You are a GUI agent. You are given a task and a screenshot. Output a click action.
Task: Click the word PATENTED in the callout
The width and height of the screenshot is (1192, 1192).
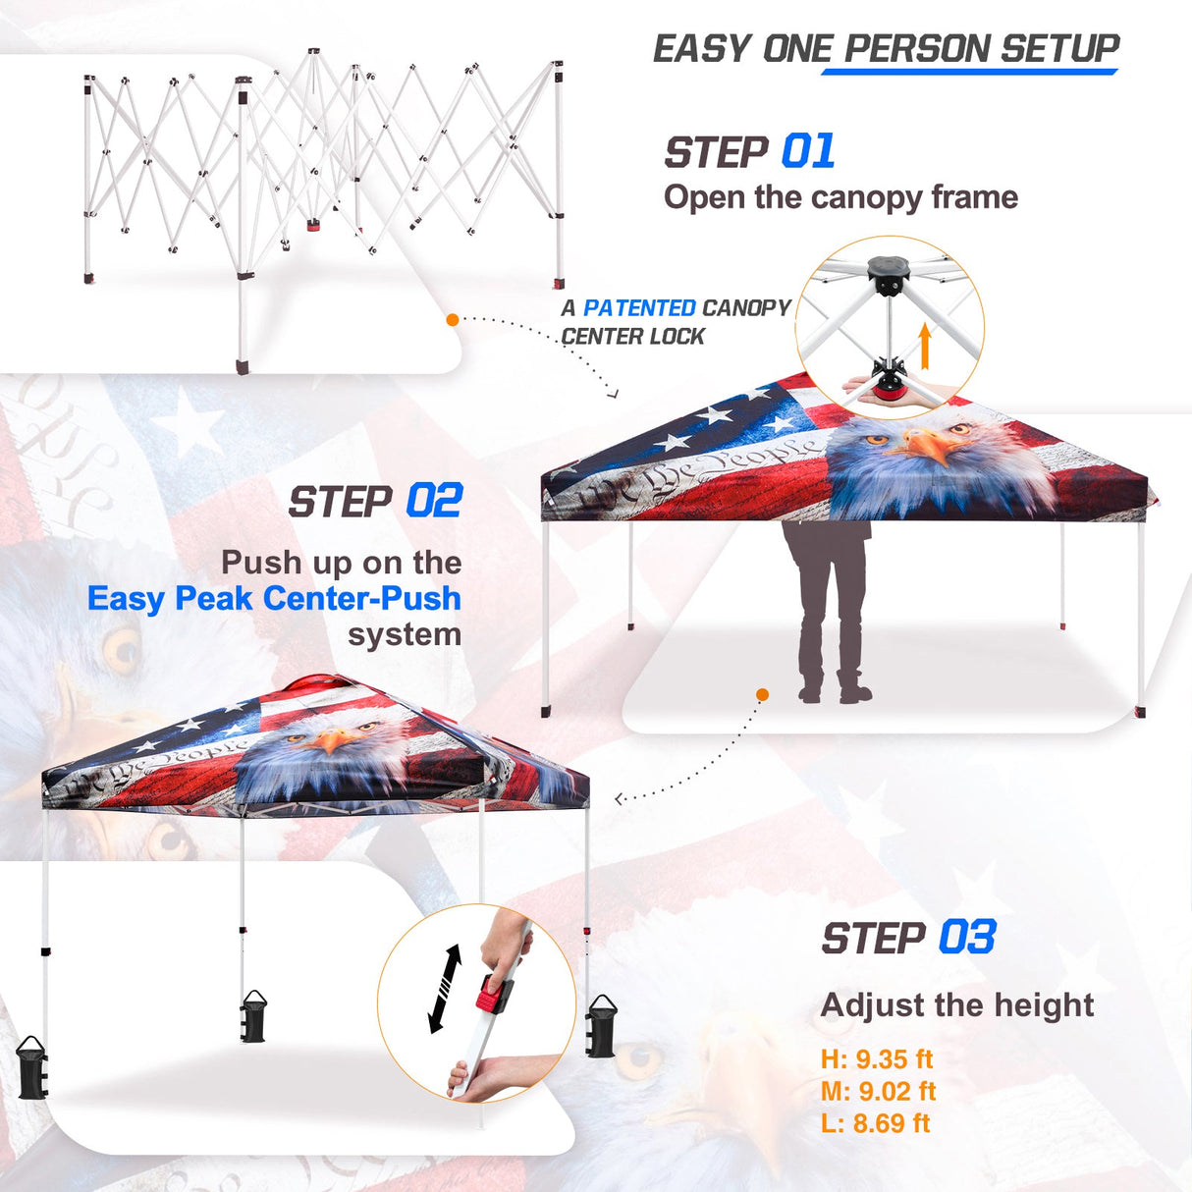click(639, 308)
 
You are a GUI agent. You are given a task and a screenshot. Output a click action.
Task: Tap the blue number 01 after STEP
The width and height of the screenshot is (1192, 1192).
click(808, 152)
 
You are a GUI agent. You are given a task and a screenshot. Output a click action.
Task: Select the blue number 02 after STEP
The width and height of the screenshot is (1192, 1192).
click(434, 501)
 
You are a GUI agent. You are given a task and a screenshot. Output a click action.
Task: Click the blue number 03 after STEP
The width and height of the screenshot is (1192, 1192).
click(967, 938)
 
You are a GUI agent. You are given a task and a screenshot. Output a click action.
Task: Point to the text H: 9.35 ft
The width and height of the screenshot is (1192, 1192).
click(877, 1059)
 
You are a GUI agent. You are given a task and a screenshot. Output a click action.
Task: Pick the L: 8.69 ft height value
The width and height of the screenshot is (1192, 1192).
click(876, 1123)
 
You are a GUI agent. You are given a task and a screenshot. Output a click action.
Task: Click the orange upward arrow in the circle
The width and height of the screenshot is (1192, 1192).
click(924, 346)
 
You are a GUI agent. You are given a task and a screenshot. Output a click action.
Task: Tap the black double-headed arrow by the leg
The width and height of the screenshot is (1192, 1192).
click(446, 989)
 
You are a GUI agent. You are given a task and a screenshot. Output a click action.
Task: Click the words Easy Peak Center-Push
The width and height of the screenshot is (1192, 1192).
click(274, 598)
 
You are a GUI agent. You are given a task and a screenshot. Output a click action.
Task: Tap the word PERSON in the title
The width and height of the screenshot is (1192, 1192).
click(918, 48)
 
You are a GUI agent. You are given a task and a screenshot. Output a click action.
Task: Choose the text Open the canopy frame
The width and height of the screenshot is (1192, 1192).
click(840, 197)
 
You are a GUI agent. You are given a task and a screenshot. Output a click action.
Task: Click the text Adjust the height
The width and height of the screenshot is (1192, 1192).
click(957, 1005)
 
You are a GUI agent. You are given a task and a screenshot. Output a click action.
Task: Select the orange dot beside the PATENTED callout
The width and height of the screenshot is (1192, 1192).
click(453, 319)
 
